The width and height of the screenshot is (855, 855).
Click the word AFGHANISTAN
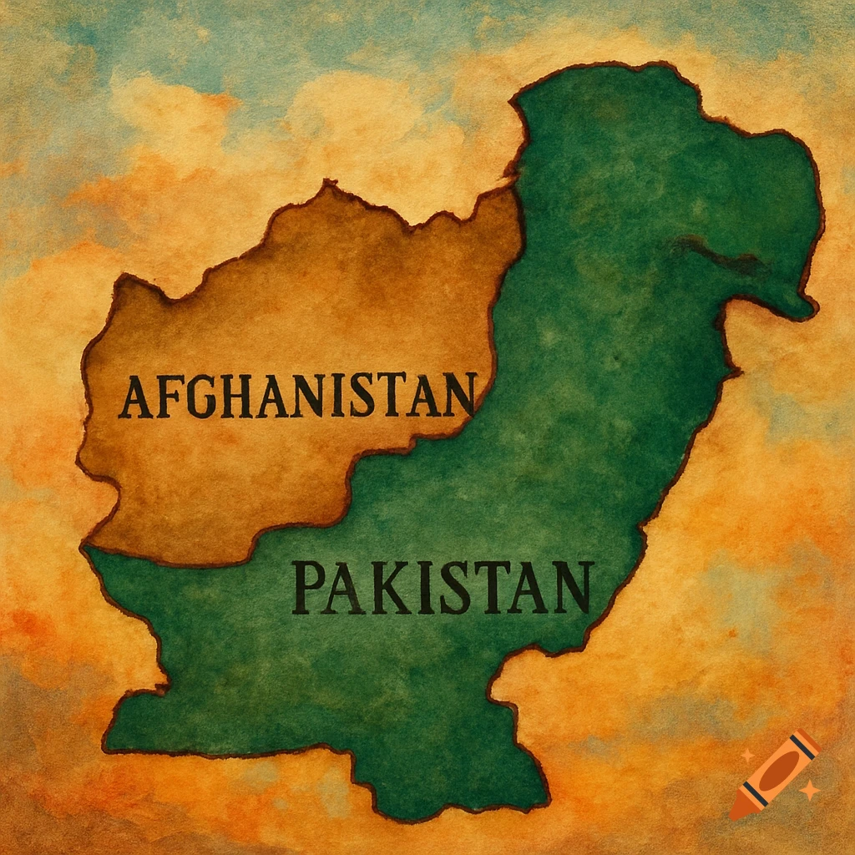click(x=296, y=397)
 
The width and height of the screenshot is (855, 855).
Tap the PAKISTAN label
click(x=443, y=587)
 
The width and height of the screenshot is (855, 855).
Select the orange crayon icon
click(x=774, y=773)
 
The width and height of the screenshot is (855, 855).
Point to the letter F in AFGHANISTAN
click(x=165, y=397)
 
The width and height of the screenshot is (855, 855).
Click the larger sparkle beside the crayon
click(x=807, y=788)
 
